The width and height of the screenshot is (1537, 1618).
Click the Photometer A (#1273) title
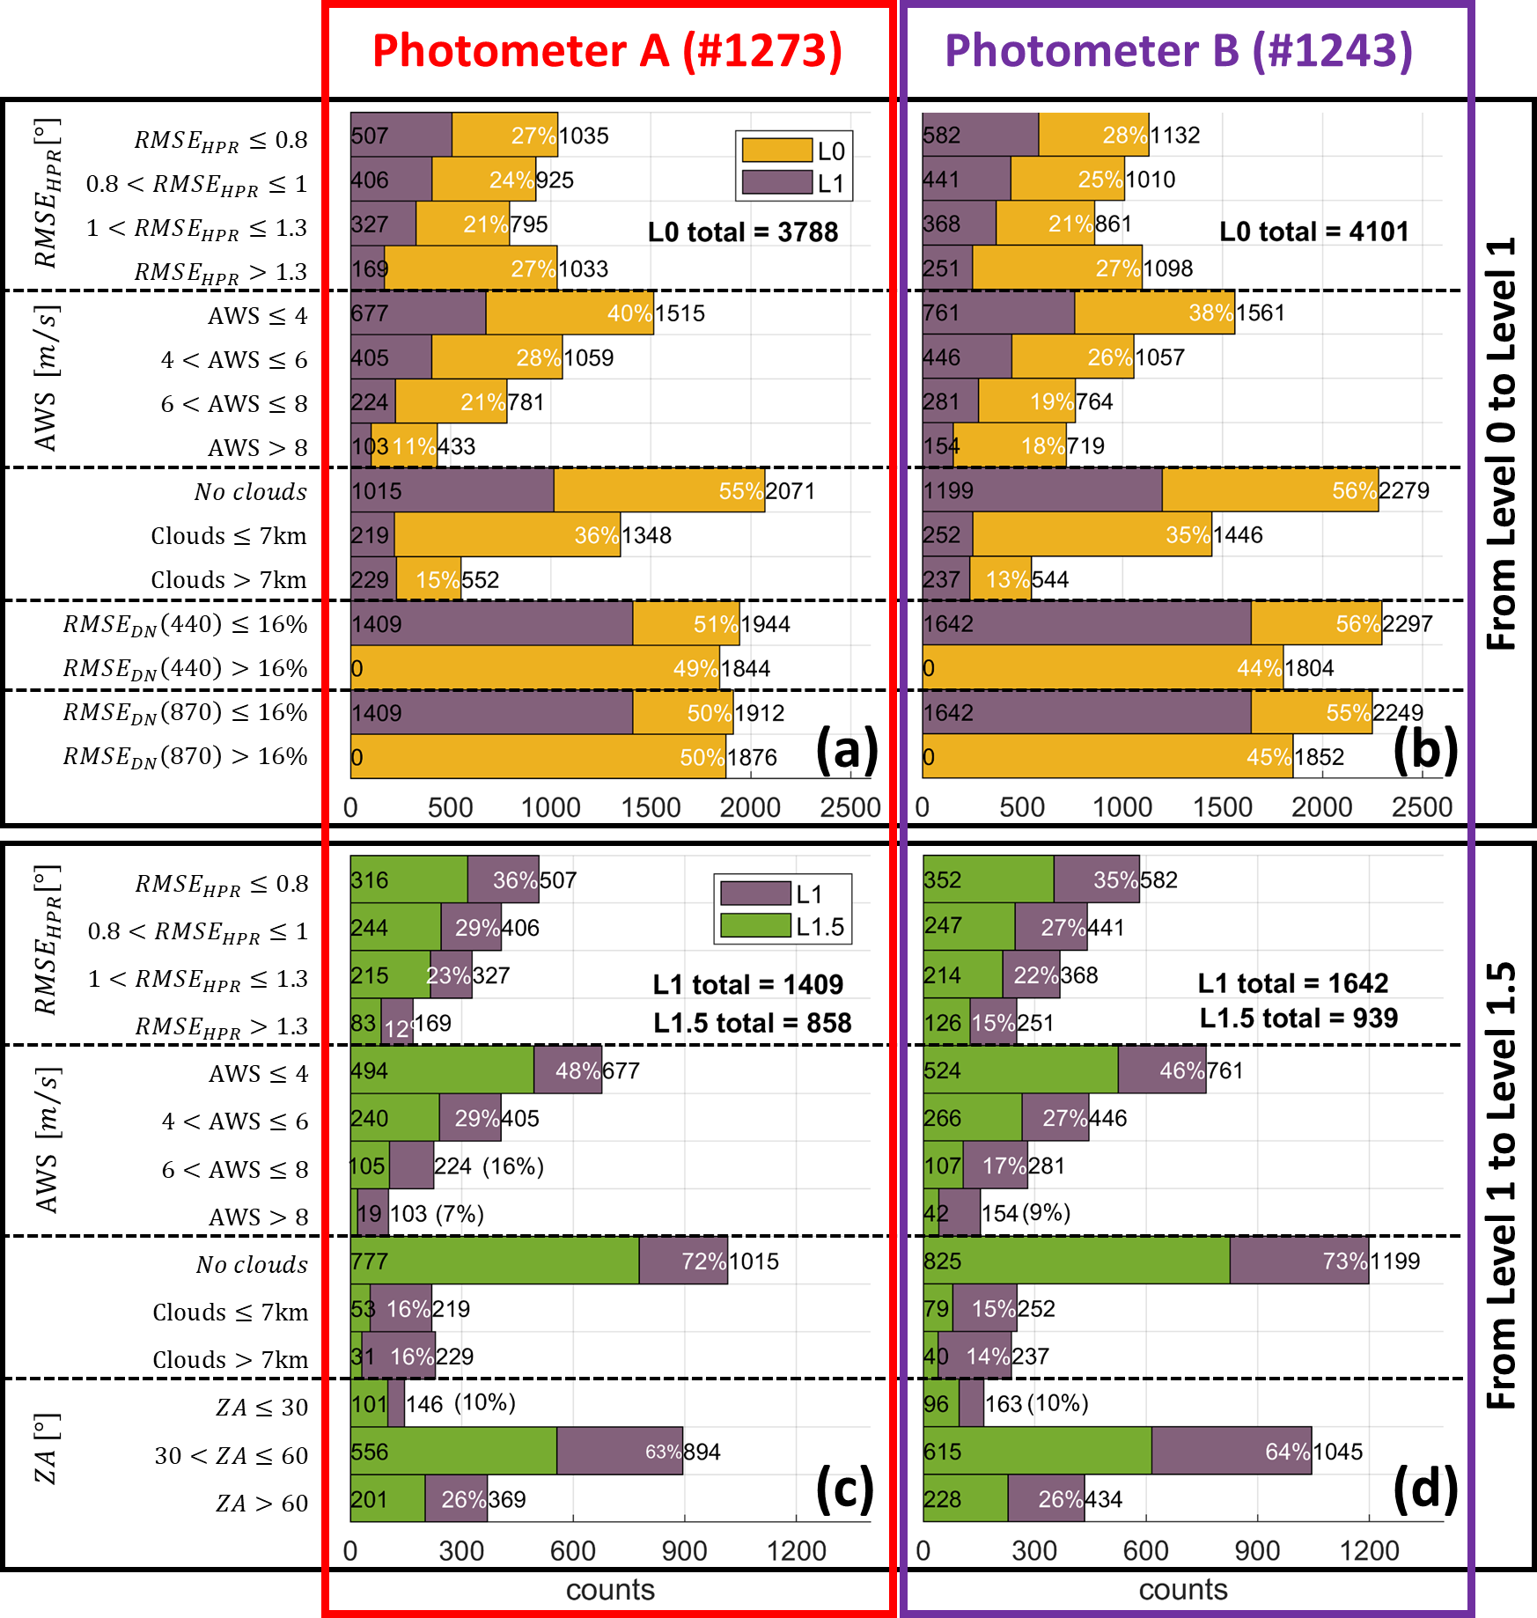click(607, 51)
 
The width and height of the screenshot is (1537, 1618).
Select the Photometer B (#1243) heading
click(1178, 51)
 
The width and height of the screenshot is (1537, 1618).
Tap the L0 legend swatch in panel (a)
click(776, 151)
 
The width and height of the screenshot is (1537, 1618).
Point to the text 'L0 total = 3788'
click(742, 232)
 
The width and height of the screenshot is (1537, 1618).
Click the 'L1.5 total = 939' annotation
click(1298, 1019)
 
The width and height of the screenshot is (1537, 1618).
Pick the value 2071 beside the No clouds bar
click(791, 491)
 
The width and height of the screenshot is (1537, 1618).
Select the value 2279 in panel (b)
click(1404, 490)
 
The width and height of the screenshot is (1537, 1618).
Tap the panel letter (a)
click(846, 750)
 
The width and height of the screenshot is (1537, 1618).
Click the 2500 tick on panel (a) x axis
click(849, 807)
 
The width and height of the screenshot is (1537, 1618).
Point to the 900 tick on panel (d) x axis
click(1257, 1550)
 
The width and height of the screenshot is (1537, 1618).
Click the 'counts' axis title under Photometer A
click(610, 1590)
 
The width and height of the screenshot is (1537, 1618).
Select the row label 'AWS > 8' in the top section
click(257, 448)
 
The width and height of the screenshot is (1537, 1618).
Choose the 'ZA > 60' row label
click(261, 1503)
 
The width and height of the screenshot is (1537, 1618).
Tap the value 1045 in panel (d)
click(1338, 1452)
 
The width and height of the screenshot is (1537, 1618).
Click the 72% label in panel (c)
click(704, 1261)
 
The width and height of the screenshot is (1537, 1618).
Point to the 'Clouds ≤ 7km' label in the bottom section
click(230, 1313)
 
